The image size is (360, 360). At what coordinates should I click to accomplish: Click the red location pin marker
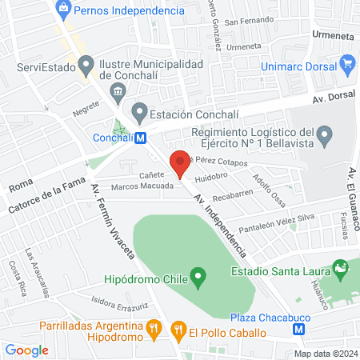click(x=179, y=162)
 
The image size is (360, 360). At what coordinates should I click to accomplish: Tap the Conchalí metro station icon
click(x=141, y=138)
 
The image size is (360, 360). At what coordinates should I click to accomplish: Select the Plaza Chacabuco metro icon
click(x=299, y=328)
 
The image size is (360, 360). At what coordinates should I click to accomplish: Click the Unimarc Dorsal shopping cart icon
click(x=347, y=63)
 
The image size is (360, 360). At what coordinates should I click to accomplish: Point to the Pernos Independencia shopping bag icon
click(x=62, y=10)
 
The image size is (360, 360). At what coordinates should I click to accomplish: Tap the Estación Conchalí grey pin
click(x=140, y=110)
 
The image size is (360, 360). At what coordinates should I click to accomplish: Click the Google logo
click(x=26, y=350)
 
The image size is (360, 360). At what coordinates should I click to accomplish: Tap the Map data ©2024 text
click(x=324, y=354)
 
